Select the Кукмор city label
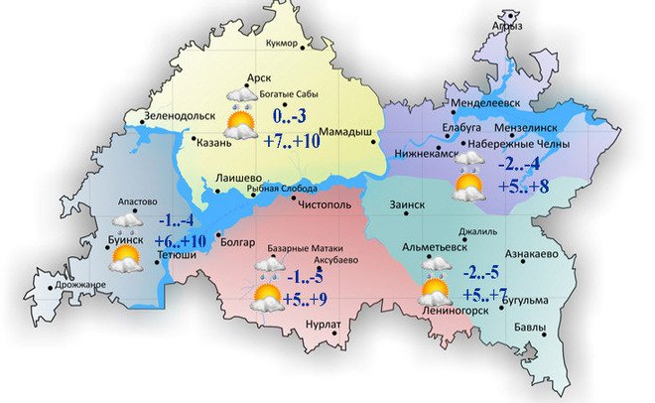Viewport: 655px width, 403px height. click(x=289, y=43)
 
